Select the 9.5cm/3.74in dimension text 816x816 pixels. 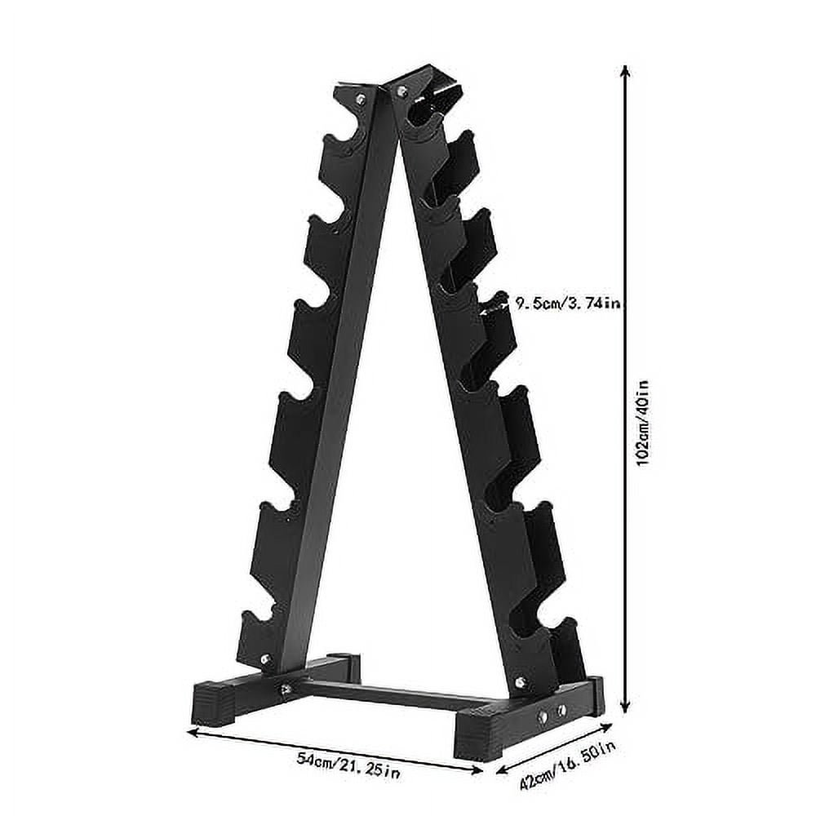pos(568,304)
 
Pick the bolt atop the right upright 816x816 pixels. pos(401,91)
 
